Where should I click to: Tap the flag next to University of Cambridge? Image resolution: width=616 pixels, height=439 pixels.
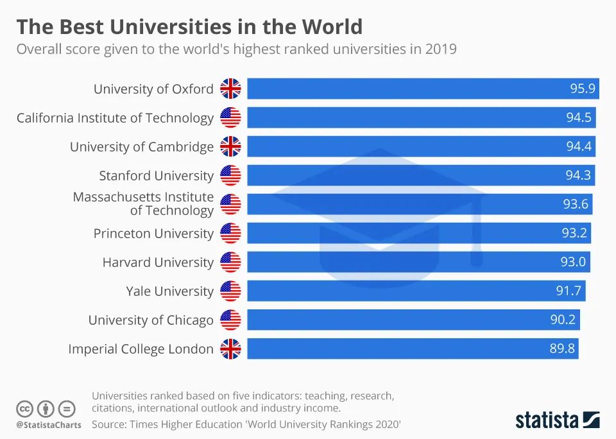pyautogui.click(x=230, y=146)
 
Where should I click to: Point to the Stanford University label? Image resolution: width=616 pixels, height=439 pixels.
pyautogui.click(x=156, y=175)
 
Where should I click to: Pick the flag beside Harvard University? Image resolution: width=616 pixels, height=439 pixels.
pyautogui.click(x=230, y=262)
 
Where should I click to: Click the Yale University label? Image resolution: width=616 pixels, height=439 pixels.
pyautogui.click(x=169, y=291)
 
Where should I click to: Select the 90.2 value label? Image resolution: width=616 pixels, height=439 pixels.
pyautogui.click(x=563, y=320)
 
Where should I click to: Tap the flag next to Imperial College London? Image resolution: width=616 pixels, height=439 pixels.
pyautogui.click(x=230, y=349)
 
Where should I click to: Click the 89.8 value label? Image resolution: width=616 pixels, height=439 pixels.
pyautogui.click(x=562, y=349)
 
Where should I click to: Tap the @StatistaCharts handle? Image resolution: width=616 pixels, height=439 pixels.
pyautogui.click(x=49, y=425)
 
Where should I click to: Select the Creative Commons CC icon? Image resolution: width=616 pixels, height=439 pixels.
pyautogui.click(x=24, y=408)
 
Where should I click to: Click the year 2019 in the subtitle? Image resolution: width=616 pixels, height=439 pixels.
pyautogui.click(x=441, y=49)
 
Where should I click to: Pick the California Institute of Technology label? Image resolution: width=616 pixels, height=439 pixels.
pyautogui.click(x=115, y=117)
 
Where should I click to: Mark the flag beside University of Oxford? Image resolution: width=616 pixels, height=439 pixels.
pyautogui.click(x=230, y=89)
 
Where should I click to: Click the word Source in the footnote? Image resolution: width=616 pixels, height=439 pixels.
pyautogui.click(x=110, y=424)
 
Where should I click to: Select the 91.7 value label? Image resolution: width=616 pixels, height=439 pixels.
pyautogui.click(x=569, y=291)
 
